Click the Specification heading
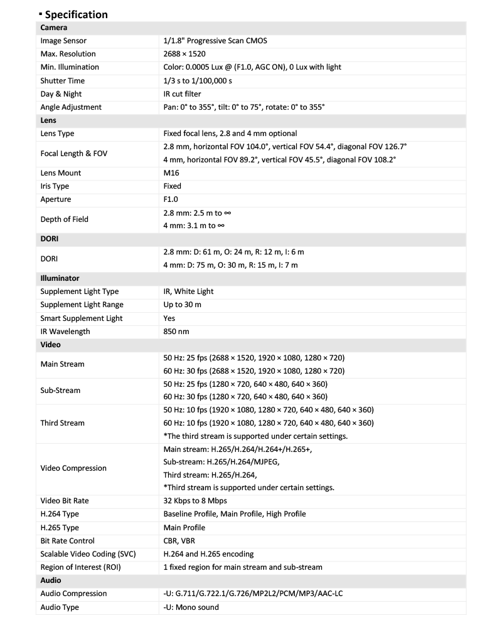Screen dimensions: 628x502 coord(76,14)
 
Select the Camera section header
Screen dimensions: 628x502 coord(54,28)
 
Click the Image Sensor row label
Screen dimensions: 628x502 coord(63,41)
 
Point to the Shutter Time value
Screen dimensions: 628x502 coord(197,81)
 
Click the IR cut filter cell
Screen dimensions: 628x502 coord(182,94)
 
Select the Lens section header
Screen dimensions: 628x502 coord(49,120)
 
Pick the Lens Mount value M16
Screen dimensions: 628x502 coord(171,173)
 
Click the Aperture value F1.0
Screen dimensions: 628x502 coord(171,199)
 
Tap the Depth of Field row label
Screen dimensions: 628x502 coord(64,219)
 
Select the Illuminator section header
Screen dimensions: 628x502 coord(60,278)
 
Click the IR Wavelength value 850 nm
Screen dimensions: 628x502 coord(176,331)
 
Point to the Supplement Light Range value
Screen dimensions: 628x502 coord(182,305)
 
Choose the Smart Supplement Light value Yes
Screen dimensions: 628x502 coord(169,318)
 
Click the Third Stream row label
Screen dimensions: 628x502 coord(62,423)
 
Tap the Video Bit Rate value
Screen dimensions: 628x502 coord(195,501)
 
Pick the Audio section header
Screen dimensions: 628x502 coord(51,580)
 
